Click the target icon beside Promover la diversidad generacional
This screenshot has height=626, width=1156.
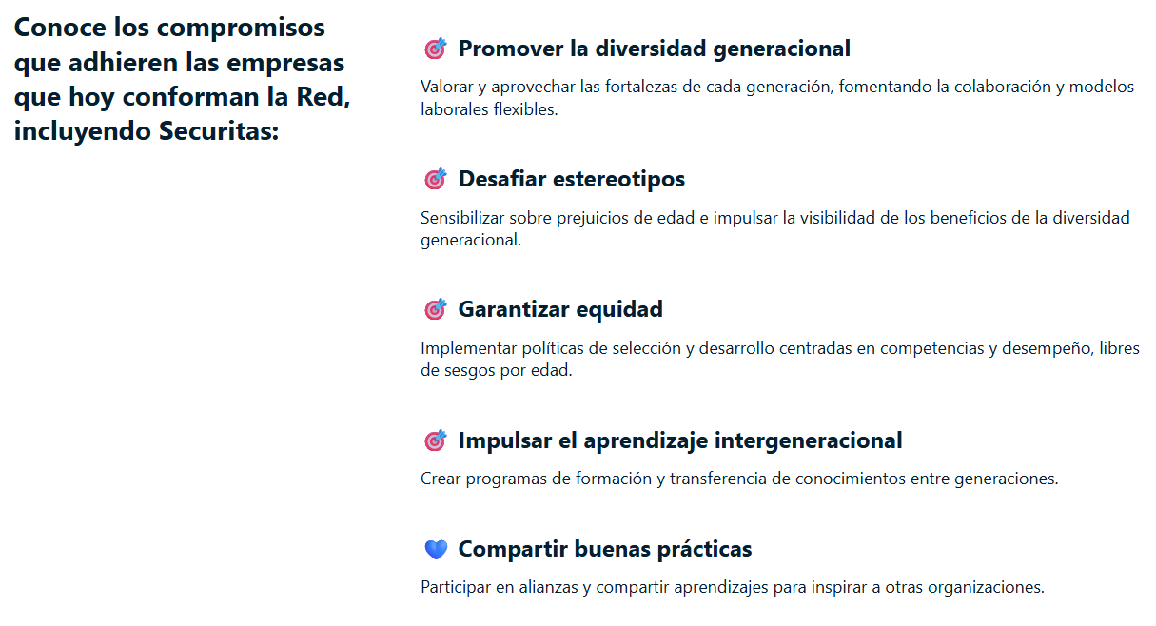coord(435,49)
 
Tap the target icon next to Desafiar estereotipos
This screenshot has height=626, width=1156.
coord(435,179)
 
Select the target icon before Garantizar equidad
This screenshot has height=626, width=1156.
coord(435,309)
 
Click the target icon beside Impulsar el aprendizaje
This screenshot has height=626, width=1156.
coord(435,440)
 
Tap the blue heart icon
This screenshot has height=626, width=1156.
coord(436,549)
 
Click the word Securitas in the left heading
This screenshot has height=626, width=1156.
coord(218,130)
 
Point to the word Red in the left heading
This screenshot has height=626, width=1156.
coord(323,96)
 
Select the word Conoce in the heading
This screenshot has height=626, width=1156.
coord(60,27)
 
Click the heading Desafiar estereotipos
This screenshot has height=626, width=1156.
coord(571,179)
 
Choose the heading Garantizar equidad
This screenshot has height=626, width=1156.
coord(560,309)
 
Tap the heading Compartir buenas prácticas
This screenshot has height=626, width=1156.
coord(605,549)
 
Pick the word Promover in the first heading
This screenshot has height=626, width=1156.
coord(511,49)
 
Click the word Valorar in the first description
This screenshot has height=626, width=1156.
coord(446,87)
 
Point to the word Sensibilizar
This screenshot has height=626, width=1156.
coord(461,217)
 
